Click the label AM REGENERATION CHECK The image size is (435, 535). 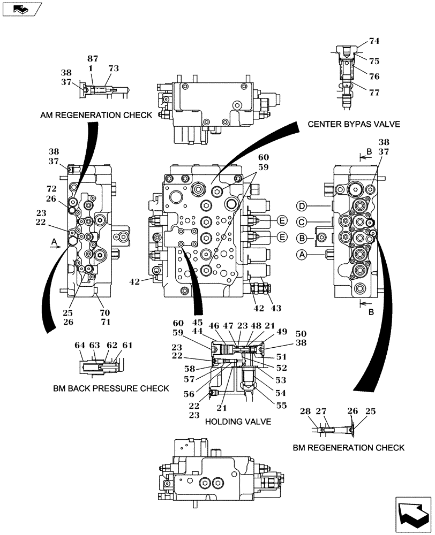click(95, 115)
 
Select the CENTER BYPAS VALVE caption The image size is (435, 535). click(354, 124)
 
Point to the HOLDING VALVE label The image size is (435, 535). click(238, 422)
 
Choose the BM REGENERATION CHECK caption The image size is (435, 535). click(349, 447)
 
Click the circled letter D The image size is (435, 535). click(302, 206)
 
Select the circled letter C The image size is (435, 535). click(302, 221)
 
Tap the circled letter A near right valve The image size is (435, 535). click(302, 256)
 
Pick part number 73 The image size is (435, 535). click(114, 68)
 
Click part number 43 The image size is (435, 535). click(276, 308)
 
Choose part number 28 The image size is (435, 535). click(305, 411)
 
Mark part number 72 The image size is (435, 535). click(51, 189)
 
